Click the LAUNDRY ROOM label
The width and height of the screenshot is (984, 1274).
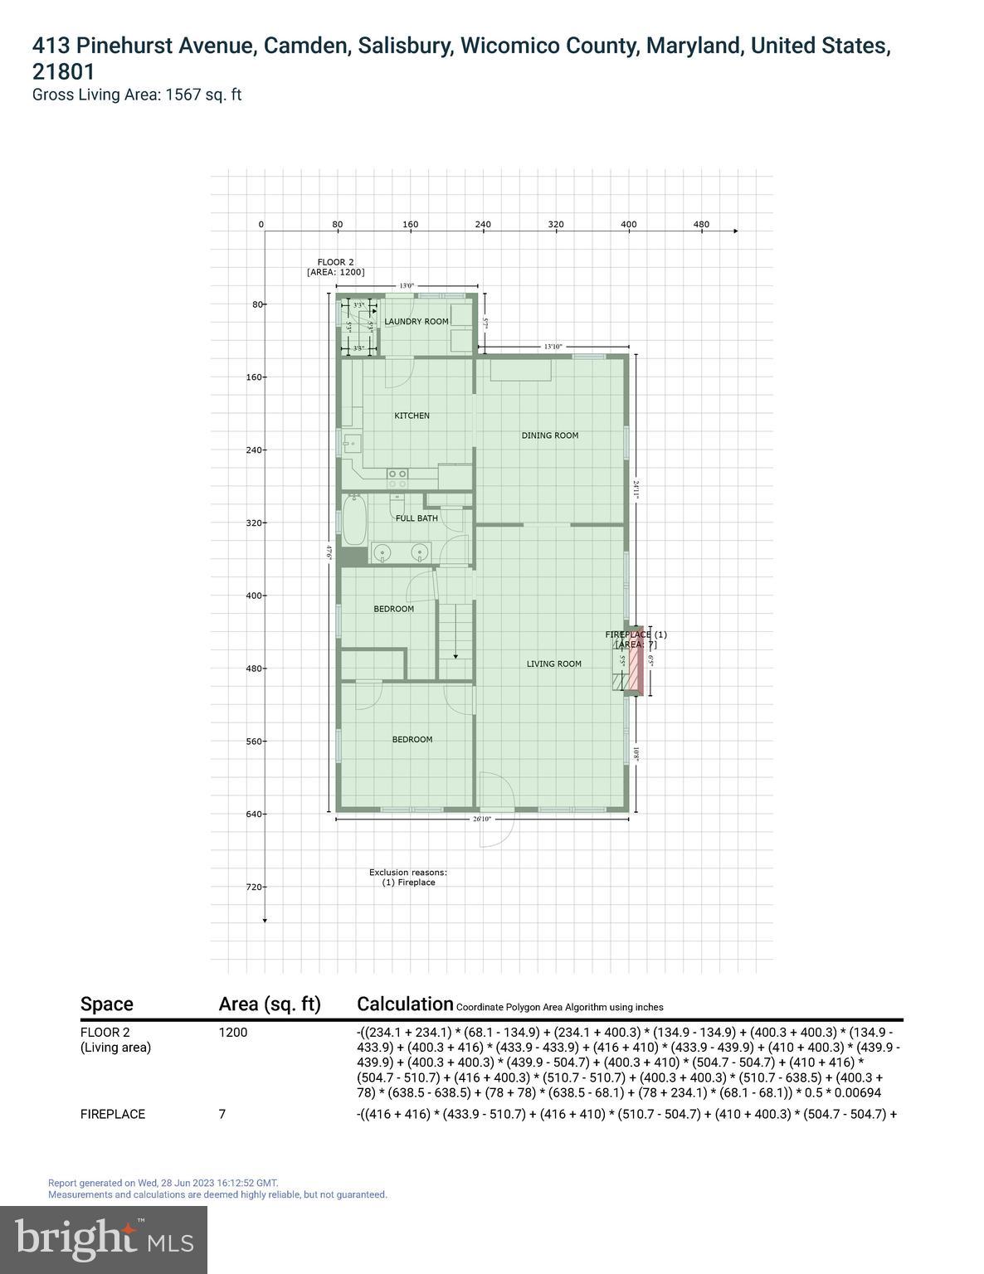pos(416,322)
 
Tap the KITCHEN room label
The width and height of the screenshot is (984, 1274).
pos(412,416)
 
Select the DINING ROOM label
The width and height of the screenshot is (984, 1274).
pos(549,435)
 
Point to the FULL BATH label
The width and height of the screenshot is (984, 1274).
pos(416,518)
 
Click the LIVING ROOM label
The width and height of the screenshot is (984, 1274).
pos(553,664)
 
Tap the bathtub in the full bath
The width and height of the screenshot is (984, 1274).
pos(354,520)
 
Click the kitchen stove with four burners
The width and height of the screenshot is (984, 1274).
pos(397,478)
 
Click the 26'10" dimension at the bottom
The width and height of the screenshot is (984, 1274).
pos(481,819)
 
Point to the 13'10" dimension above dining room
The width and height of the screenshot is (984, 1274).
pos(553,347)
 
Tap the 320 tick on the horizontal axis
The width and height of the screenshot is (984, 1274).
pos(556,224)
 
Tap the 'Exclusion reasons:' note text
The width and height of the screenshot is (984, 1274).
pos(408,873)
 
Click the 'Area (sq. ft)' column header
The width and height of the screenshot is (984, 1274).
pos(270,1004)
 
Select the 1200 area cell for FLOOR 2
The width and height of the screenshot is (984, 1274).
pos(233,1033)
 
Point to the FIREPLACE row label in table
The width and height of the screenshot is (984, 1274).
pos(113,1114)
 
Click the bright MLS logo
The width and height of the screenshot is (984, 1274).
pos(104,1239)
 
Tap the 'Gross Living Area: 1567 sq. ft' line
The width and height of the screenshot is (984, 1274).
pos(137,95)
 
